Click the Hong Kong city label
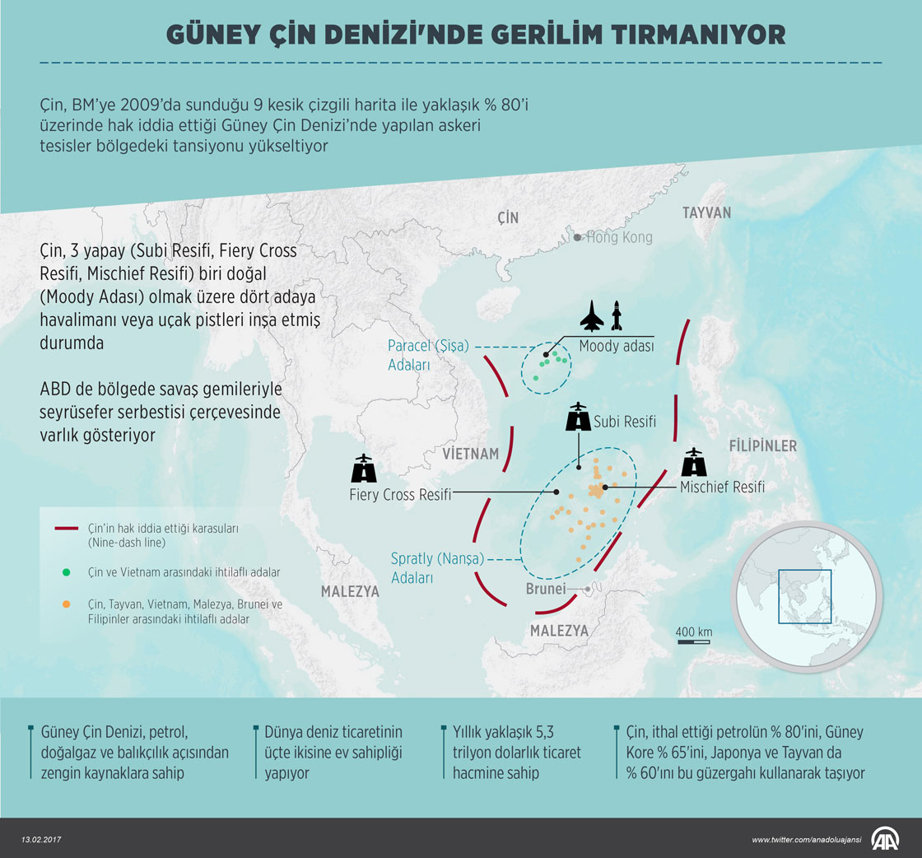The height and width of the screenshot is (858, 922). [618, 237]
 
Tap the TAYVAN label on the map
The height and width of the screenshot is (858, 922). [705, 212]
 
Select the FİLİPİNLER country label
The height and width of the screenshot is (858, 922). [762, 445]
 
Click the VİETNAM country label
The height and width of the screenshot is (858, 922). [470, 454]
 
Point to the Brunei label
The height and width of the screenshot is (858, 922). [546, 589]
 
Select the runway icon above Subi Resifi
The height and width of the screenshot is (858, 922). [579, 417]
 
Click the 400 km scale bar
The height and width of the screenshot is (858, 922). [693, 639]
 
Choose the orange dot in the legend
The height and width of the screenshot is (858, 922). [65, 604]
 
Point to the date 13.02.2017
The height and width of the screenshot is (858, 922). [42, 839]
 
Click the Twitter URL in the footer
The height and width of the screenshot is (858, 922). [806, 839]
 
